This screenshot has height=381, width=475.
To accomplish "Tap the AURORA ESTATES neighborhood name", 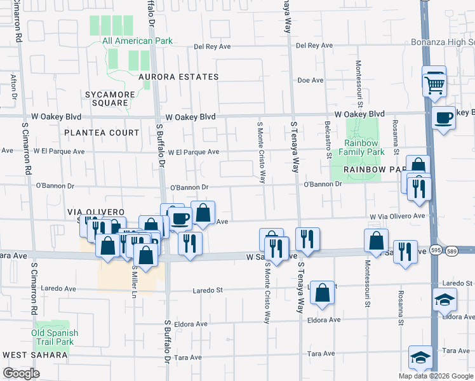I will coord(178,77).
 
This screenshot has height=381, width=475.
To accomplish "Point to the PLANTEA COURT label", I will coord(102,133).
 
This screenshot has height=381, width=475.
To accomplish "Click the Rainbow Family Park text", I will coord(361,148).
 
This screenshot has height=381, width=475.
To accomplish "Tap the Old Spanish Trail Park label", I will coord(55,337).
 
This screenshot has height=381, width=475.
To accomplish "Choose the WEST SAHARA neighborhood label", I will coord(31,354).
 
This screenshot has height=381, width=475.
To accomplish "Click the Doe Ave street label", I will coord(311,81).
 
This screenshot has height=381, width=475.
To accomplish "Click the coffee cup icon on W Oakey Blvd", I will coord(443,117).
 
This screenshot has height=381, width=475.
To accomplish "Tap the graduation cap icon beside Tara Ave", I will coord(420,358).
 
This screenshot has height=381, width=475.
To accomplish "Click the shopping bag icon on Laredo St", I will coord(323,293).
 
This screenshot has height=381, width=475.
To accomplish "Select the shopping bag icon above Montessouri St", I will coord(376,240).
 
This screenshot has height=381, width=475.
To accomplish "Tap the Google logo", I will coord(21,373).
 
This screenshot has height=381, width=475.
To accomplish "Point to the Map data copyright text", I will coord(435,376).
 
